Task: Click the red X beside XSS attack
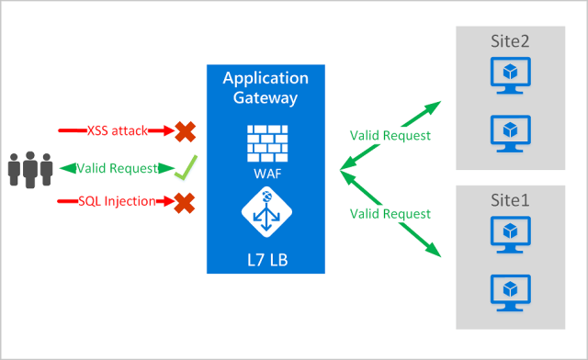tap(186, 131)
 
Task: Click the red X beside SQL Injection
tap(186, 202)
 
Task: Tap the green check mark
tap(187, 167)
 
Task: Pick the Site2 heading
tap(511, 40)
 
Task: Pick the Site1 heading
tap(511, 197)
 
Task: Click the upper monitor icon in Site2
tap(511, 75)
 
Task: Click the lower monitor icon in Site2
tap(511, 131)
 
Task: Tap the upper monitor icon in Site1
tap(511, 232)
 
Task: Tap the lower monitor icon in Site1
tap(511, 288)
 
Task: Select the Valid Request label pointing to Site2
tap(390, 135)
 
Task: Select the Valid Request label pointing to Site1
tap(390, 213)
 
